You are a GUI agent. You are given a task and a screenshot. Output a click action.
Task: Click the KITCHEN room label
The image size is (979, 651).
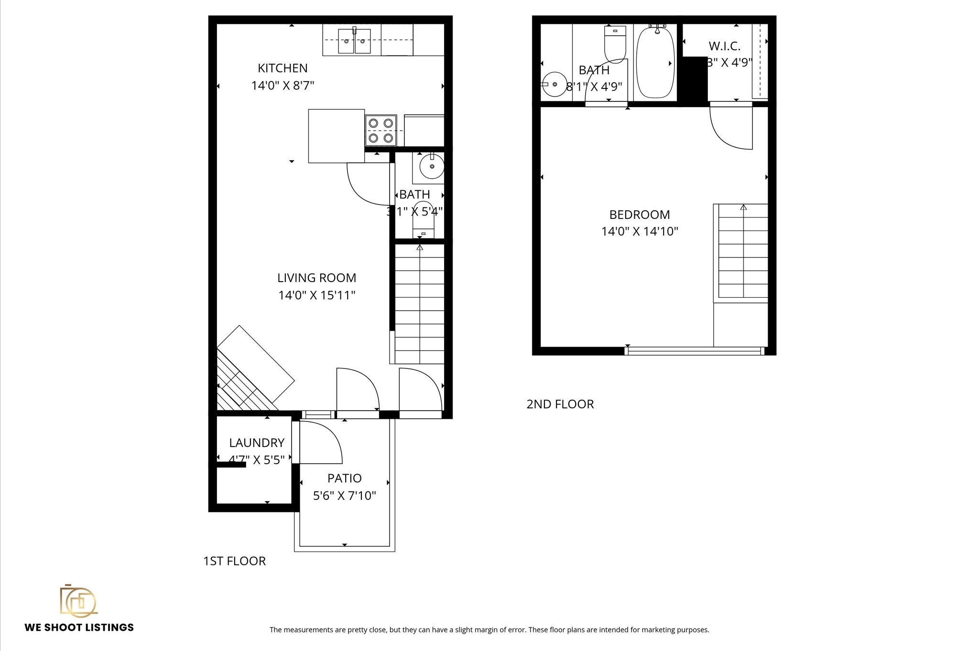pos(283,68)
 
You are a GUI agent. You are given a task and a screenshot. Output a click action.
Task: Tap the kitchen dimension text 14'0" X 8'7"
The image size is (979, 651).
pos(283,86)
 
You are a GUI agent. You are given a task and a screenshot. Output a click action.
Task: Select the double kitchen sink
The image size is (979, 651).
pos(354,41)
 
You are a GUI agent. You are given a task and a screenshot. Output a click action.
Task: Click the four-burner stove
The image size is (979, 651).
pos(381,130)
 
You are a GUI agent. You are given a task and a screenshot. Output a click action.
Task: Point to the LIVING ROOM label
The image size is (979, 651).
pos(316,278)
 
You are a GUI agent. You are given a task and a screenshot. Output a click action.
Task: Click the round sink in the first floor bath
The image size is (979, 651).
pos(432,166)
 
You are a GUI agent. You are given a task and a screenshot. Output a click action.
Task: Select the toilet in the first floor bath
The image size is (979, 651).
pos(424,221)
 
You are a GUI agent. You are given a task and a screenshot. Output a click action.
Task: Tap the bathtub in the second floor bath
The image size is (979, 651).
pos(655,62)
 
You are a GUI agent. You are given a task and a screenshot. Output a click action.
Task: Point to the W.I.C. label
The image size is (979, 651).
pos(724,46)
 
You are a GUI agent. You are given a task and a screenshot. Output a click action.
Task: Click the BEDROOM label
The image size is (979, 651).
pos(639,215)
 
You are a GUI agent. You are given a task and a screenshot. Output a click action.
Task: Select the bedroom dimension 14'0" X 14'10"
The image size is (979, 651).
pos(639,231)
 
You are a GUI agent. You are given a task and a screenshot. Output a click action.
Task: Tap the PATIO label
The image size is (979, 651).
pos(344,478)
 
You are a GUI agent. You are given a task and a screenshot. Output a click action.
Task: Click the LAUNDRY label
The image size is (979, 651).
pos(257,443)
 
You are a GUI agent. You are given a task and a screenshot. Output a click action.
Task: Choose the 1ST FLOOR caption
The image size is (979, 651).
pos(234,561)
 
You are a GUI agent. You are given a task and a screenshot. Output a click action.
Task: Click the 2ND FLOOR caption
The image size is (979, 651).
pos(560,404)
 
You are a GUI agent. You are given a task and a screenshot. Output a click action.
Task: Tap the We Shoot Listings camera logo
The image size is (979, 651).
pos(78,600)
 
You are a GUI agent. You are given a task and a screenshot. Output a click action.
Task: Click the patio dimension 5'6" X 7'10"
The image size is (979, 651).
pos(344,496)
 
